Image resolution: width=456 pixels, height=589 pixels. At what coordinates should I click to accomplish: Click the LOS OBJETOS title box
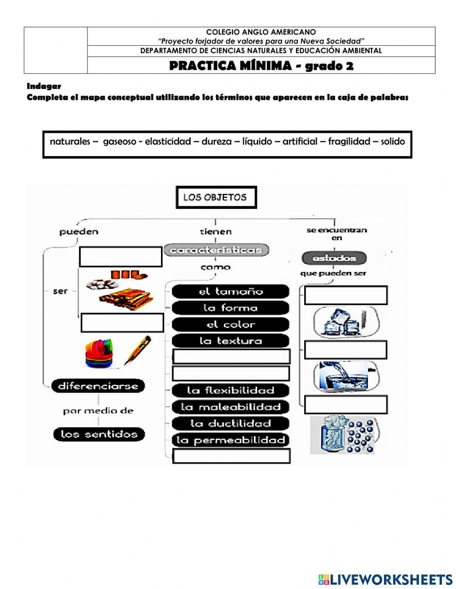pos(216,198)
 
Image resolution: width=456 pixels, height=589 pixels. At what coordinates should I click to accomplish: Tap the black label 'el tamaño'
pos(231,292)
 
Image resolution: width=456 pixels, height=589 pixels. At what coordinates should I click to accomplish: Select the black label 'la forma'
pos(231,308)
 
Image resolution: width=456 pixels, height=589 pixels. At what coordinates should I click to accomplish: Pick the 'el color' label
pos(231,324)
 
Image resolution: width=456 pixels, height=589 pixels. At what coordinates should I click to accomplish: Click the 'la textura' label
pos(231,341)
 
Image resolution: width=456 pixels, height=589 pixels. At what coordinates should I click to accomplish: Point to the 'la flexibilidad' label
pos(231,391)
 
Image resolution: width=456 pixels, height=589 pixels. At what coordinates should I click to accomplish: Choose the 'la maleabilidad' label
pos(231,407)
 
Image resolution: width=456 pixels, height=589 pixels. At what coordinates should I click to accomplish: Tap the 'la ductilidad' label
pos(231,423)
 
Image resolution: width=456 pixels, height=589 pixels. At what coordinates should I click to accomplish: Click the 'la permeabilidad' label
pos(231,440)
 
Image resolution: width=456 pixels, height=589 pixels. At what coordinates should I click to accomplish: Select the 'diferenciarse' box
pos(98,386)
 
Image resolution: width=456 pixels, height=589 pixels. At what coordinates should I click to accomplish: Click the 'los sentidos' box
pos(98,434)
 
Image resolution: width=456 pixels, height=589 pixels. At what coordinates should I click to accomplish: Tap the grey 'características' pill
pos(216,250)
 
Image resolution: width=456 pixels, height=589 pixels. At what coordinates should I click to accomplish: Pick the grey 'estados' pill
pos(335,258)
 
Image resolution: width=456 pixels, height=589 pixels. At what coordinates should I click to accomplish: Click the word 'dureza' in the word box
pos(217,141)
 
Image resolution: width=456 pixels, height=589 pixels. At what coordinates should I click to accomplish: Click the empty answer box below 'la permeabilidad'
pos(231,456)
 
